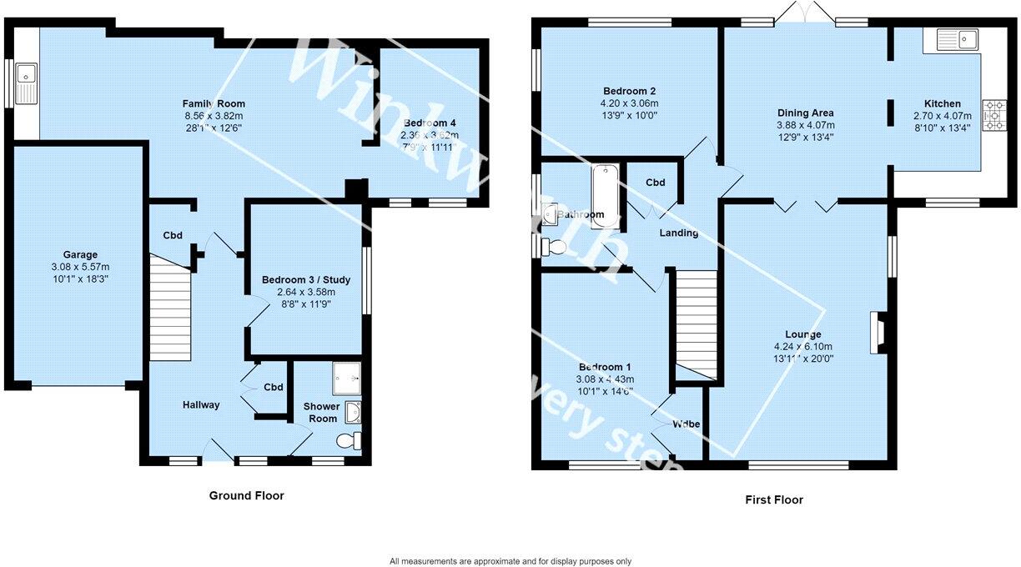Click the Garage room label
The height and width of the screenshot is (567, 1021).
click(x=80, y=255)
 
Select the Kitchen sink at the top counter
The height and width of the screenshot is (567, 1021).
click(x=957, y=39)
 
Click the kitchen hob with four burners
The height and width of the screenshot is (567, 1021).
click(x=993, y=116)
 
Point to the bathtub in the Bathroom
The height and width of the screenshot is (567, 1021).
click(x=605, y=197)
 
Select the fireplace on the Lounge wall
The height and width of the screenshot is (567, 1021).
click(x=878, y=333)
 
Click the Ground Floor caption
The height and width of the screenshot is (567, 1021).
click(x=246, y=495)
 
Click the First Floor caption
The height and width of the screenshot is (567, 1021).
click(x=773, y=499)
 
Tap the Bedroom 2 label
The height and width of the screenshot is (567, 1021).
click(x=630, y=91)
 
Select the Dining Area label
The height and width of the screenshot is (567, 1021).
click(x=805, y=113)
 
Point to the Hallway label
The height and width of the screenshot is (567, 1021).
click(x=201, y=405)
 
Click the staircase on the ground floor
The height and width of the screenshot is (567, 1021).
click(x=170, y=309)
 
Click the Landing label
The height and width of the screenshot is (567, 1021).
click(x=678, y=233)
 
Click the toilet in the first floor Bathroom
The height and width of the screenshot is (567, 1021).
click(x=551, y=247)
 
